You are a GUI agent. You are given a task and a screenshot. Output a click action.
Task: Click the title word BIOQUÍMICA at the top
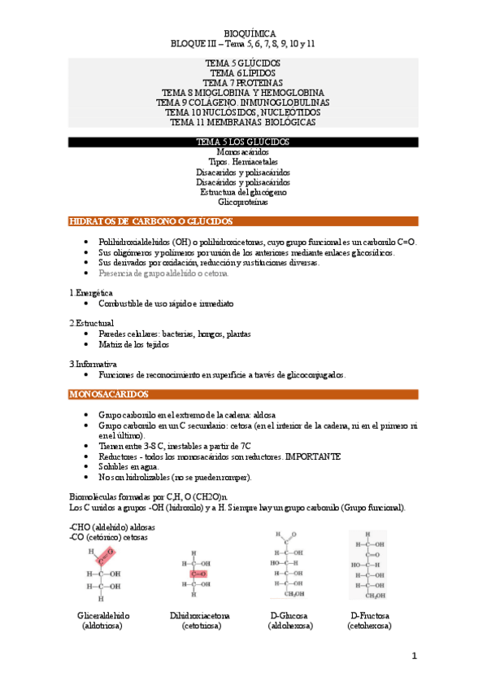[x=243, y=33]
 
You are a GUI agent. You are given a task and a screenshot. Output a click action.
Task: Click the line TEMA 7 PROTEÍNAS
[x=243, y=83]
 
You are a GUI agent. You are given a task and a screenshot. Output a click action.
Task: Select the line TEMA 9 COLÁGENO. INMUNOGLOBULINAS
[x=243, y=103]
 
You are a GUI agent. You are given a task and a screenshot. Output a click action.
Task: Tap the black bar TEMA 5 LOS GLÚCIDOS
[x=243, y=142]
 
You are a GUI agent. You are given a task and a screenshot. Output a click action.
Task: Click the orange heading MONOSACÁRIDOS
[x=108, y=395]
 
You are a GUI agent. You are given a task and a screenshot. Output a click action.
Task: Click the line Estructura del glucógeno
[x=243, y=192]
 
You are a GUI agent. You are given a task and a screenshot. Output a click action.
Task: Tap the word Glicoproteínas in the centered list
[x=243, y=202]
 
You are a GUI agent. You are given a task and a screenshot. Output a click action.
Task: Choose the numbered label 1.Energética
[x=91, y=292]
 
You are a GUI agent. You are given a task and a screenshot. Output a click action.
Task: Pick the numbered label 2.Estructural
[x=92, y=323]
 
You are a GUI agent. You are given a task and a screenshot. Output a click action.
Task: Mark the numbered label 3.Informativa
[x=93, y=364]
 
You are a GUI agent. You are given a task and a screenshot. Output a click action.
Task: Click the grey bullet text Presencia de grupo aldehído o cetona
[x=163, y=273]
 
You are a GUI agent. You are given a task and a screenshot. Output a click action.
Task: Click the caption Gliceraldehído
[x=103, y=616]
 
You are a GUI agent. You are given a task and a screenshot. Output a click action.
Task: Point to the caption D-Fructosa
[x=369, y=616]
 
